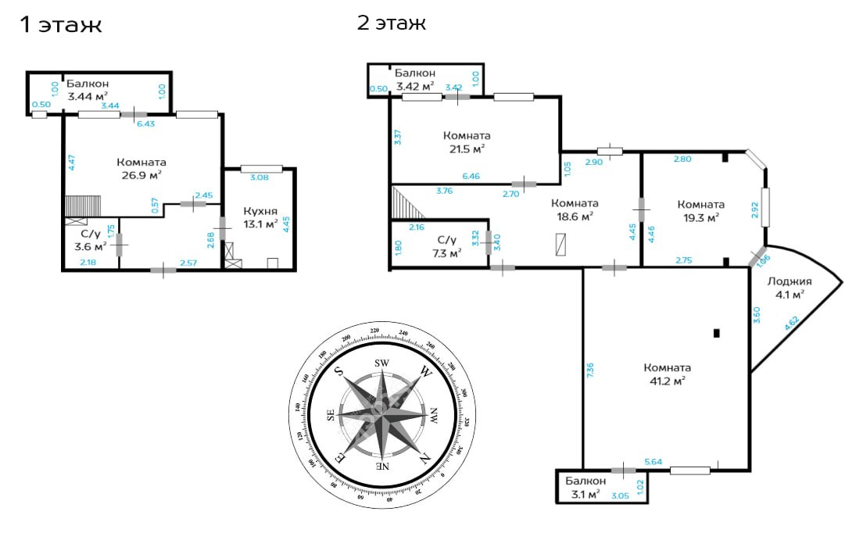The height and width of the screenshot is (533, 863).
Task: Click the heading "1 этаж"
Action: [60, 25]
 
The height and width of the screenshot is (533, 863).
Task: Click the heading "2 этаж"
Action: [392, 23]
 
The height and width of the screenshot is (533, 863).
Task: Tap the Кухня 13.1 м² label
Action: [260, 218]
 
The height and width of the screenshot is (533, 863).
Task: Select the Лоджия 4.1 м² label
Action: [790, 288]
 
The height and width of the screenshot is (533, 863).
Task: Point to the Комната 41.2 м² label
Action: [667, 374]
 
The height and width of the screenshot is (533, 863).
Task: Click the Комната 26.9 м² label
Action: [141, 169]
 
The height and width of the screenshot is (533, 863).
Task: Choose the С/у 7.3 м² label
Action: [447, 246]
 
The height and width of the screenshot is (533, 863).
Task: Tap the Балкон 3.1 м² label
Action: [585, 488]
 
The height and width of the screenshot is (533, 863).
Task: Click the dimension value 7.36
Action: [590, 370]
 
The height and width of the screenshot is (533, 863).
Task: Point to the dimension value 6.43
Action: [146, 123]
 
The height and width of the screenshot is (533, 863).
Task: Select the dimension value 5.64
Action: [654, 462]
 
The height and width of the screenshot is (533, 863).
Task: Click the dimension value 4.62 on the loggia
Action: [792, 323]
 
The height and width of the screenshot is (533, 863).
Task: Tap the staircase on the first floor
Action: [83, 206]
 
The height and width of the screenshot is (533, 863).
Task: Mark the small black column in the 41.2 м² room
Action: [716, 333]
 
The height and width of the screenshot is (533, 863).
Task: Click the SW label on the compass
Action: [382, 363]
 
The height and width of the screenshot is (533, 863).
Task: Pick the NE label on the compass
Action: [382, 466]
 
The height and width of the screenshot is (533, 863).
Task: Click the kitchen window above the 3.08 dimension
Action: [261, 169]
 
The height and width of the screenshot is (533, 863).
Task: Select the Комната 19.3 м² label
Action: [700, 211]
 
